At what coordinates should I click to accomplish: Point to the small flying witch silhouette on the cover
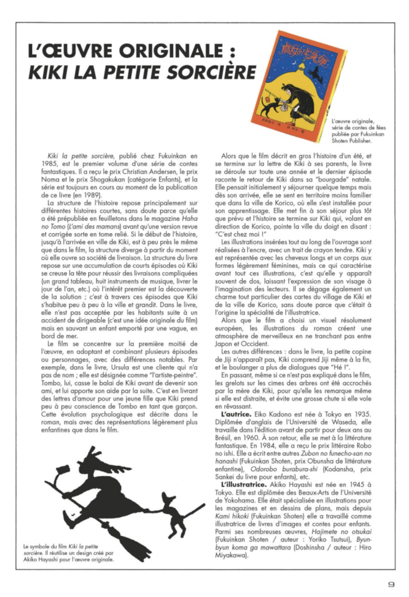click(314, 73)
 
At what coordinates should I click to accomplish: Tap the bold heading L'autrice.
click(237, 413)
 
